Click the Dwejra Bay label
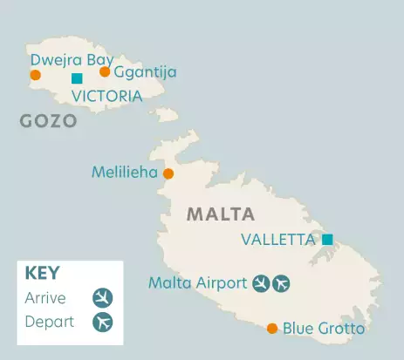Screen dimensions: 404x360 pos(72,60)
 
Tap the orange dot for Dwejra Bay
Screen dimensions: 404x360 pos(35,75)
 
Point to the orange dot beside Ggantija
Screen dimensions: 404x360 pos(105,71)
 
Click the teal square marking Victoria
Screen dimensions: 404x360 pos(77,79)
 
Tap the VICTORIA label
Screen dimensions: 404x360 pos(106,97)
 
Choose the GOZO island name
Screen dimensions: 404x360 pos(48,121)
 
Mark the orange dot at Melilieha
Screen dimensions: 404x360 pos(168,173)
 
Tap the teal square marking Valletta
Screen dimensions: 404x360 pos(327,239)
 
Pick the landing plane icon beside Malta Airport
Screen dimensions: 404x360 pos(260,282)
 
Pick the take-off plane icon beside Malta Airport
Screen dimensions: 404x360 pos(280,282)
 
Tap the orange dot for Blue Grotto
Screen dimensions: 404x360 pos(272,329)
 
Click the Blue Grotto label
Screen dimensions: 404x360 pos(323,329)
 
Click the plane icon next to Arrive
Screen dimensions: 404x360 pos(103,297)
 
